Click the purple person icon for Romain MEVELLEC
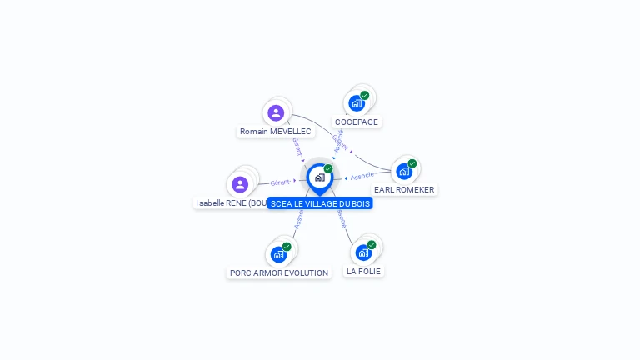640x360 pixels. tap(276, 112)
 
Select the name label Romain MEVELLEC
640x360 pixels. tap(276, 132)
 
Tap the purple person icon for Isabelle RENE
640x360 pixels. tap(240, 183)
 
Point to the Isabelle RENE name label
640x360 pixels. tap(231, 202)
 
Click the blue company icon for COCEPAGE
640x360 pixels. tap(357, 103)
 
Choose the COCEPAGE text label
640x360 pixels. tap(357, 122)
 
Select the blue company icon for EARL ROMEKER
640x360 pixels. tap(404, 172)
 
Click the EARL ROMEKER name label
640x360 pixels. tap(404, 190)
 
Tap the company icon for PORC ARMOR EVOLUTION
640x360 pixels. tap(278, 254)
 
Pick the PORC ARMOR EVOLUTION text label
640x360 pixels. tap(279, 272)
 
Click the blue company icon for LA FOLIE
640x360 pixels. tap(363, 252)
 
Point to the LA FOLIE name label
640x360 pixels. tap(364, 272)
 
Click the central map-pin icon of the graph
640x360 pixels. tap(319, 177)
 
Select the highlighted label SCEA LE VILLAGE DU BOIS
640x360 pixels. tap(320, 203)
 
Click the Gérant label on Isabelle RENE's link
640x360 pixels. tap(280, 182)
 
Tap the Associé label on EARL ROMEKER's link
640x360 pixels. tap(362, 176)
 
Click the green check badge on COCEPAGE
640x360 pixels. tap(365, 95)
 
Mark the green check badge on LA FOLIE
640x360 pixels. tap(372, 244)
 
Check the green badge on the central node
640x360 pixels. tap(328, 168)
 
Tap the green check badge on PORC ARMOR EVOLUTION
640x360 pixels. tap(287, 246)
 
